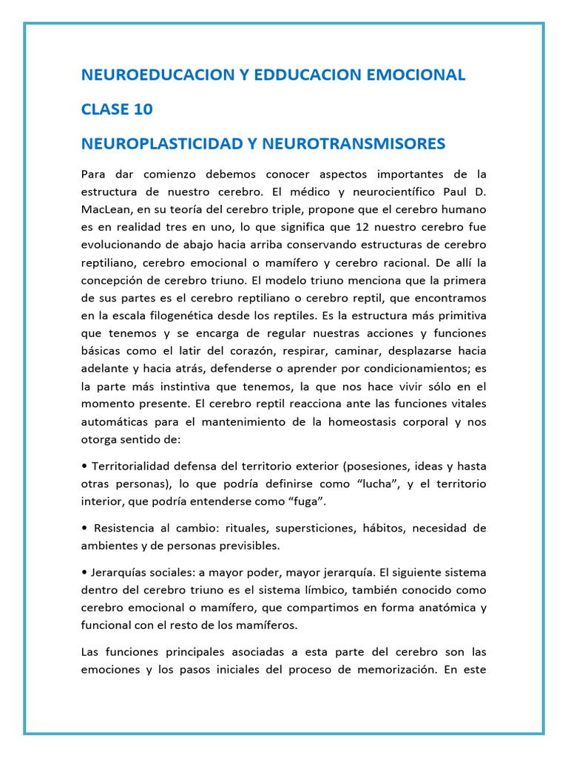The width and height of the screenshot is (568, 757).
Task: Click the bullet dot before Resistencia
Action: (x=84, y=529)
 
